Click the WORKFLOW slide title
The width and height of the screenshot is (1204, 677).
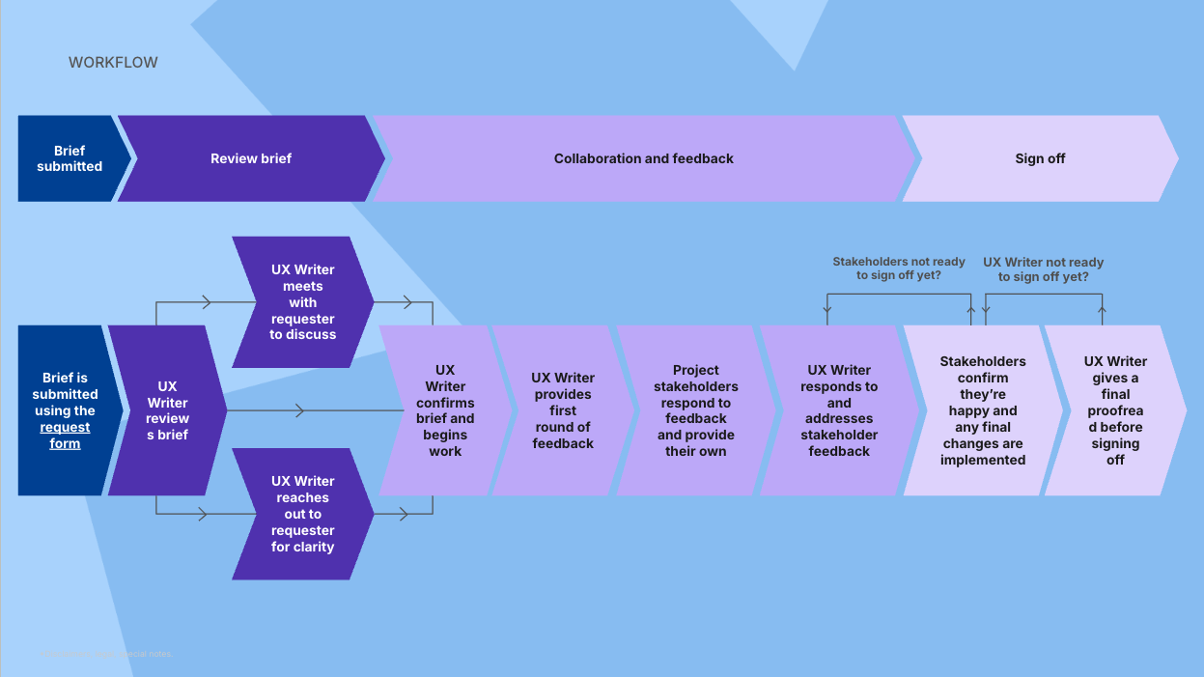point(113,63)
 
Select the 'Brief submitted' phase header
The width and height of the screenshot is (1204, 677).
point(70,158)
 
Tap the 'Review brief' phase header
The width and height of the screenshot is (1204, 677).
point(251,158)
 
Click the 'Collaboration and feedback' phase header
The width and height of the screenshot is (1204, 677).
point(643,158)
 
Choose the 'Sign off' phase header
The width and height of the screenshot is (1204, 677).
point(1040,158)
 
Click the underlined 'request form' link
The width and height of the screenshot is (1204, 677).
point(65,436)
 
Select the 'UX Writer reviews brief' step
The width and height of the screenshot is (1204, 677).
point(167,410)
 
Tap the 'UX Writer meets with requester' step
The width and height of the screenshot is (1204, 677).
point(303,302)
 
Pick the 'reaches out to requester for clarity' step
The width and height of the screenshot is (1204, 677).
point(303,514)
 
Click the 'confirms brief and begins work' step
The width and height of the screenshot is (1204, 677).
point(445,410)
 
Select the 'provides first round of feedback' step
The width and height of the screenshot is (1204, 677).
point(563,410)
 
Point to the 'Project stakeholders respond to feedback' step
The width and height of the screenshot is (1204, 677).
point(695,410)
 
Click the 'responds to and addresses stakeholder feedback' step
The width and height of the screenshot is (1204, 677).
point(839,410)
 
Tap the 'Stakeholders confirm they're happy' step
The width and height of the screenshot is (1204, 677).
point(983,410)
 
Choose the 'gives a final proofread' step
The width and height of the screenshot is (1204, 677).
point(1115,410)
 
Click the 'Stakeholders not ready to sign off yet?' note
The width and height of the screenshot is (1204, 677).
point(898,268)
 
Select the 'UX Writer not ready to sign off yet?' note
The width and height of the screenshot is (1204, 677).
point(1043,268)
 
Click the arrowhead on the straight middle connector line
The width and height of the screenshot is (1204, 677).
point(300,411)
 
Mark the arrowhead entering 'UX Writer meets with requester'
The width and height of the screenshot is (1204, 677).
point(206,302)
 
